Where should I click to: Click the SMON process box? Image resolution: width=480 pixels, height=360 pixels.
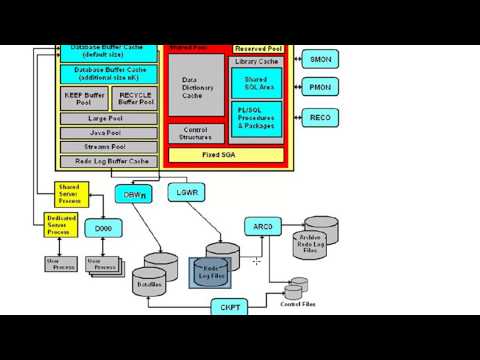coord(320,59)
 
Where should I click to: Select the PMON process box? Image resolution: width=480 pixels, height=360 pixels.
coord(320,88)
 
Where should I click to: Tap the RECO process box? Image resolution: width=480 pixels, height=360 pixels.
coord(320,118)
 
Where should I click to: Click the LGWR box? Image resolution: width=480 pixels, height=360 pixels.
coord(187,190)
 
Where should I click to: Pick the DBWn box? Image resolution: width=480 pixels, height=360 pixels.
coord(134,195)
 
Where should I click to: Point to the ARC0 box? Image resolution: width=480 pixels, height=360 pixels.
coord(263,227)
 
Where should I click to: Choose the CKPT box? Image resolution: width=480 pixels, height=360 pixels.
coord(230,307)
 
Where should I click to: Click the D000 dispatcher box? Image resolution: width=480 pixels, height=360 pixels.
coord(103,228)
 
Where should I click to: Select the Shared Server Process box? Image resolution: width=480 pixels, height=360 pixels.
coord(69,192)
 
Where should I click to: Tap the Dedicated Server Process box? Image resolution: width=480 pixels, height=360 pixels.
coord(62,225)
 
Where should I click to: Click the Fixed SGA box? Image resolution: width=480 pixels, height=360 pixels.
coord(224,154)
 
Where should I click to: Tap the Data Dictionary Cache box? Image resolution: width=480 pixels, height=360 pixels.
coord(196,88)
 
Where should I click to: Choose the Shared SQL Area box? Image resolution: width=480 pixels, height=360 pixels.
coord(256,82)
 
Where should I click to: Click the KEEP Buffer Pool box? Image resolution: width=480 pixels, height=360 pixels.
coord(83,98)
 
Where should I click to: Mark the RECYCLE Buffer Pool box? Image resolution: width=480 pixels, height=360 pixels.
coord(135,98)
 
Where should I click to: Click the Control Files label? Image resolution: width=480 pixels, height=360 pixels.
coord(298,304)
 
